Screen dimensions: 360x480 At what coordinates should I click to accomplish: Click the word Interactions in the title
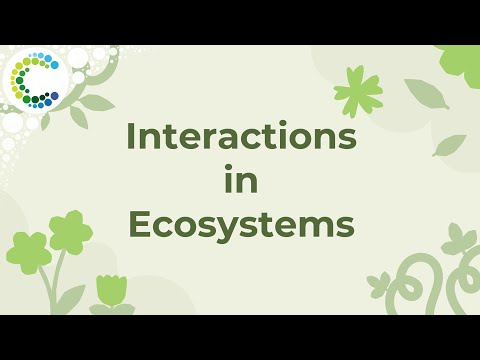click(240, 138)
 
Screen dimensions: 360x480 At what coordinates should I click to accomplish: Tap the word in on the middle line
click(240, 182)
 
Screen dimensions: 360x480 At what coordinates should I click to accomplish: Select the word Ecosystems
click(241, 226)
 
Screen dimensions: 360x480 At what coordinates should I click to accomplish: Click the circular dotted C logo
click(33, 78)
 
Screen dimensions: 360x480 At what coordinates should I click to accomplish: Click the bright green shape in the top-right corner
click(461, 64)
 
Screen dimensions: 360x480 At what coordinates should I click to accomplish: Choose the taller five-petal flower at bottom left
click(70, 231)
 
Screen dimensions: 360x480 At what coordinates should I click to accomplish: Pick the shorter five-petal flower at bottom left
click(29, 251)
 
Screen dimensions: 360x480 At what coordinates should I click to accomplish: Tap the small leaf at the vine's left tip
click(377, 283)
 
